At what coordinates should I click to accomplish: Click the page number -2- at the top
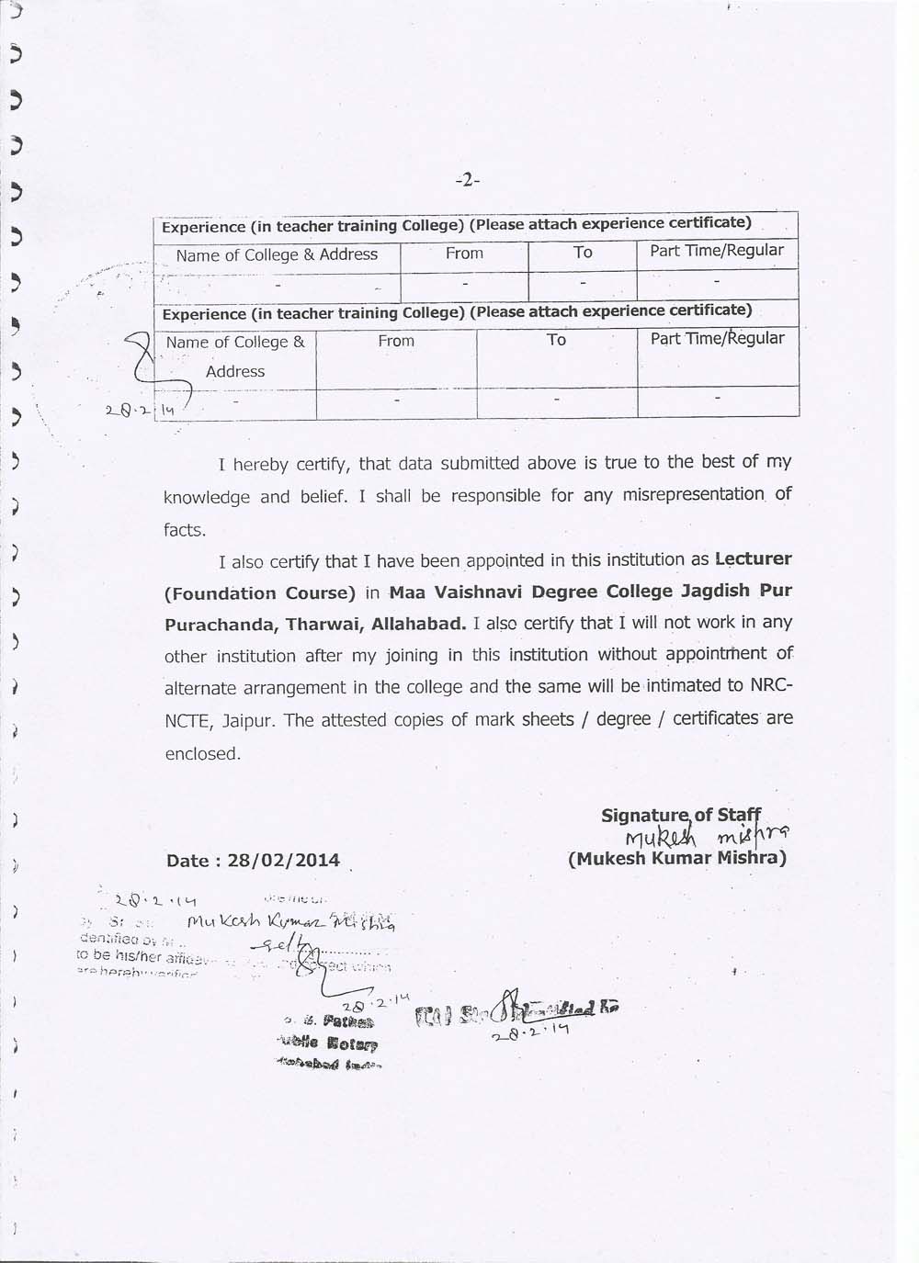(468, 180)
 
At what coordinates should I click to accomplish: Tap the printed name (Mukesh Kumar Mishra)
(677, 859)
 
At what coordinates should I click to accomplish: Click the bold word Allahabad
(418, 625)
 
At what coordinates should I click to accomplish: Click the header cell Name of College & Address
(277, 254)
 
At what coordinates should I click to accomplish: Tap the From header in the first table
(464, 253)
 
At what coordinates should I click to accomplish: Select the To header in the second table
(556, 340)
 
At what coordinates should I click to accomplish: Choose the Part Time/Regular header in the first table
(717, 250)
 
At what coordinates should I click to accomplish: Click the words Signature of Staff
(681, 815)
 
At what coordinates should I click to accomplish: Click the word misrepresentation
(694, 495)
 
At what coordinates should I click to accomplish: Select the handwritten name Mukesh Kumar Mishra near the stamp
(290, 921)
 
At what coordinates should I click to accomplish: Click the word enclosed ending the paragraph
(202, 754)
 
